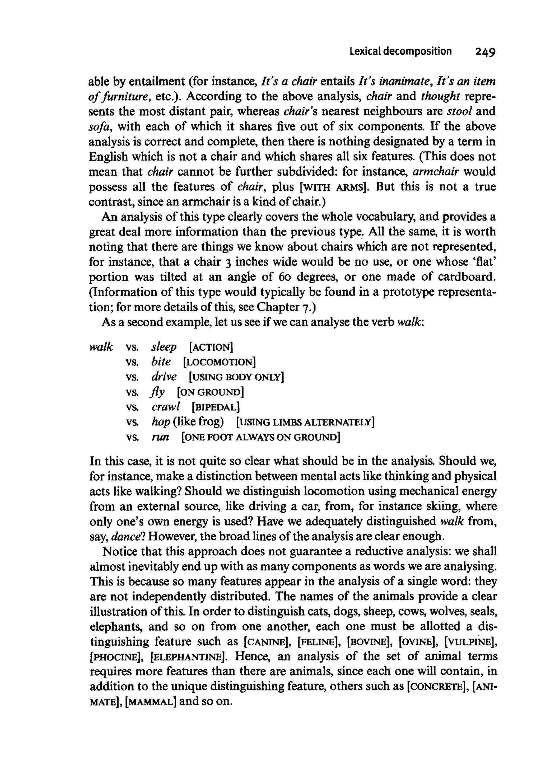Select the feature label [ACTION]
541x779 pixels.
211,347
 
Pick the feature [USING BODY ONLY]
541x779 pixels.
236,377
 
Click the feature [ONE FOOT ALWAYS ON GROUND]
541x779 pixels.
261,437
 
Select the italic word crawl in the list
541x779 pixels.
165,407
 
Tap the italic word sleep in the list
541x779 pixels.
164,347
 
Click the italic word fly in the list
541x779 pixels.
158,392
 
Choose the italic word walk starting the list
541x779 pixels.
101,347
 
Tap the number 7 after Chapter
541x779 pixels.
305,307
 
